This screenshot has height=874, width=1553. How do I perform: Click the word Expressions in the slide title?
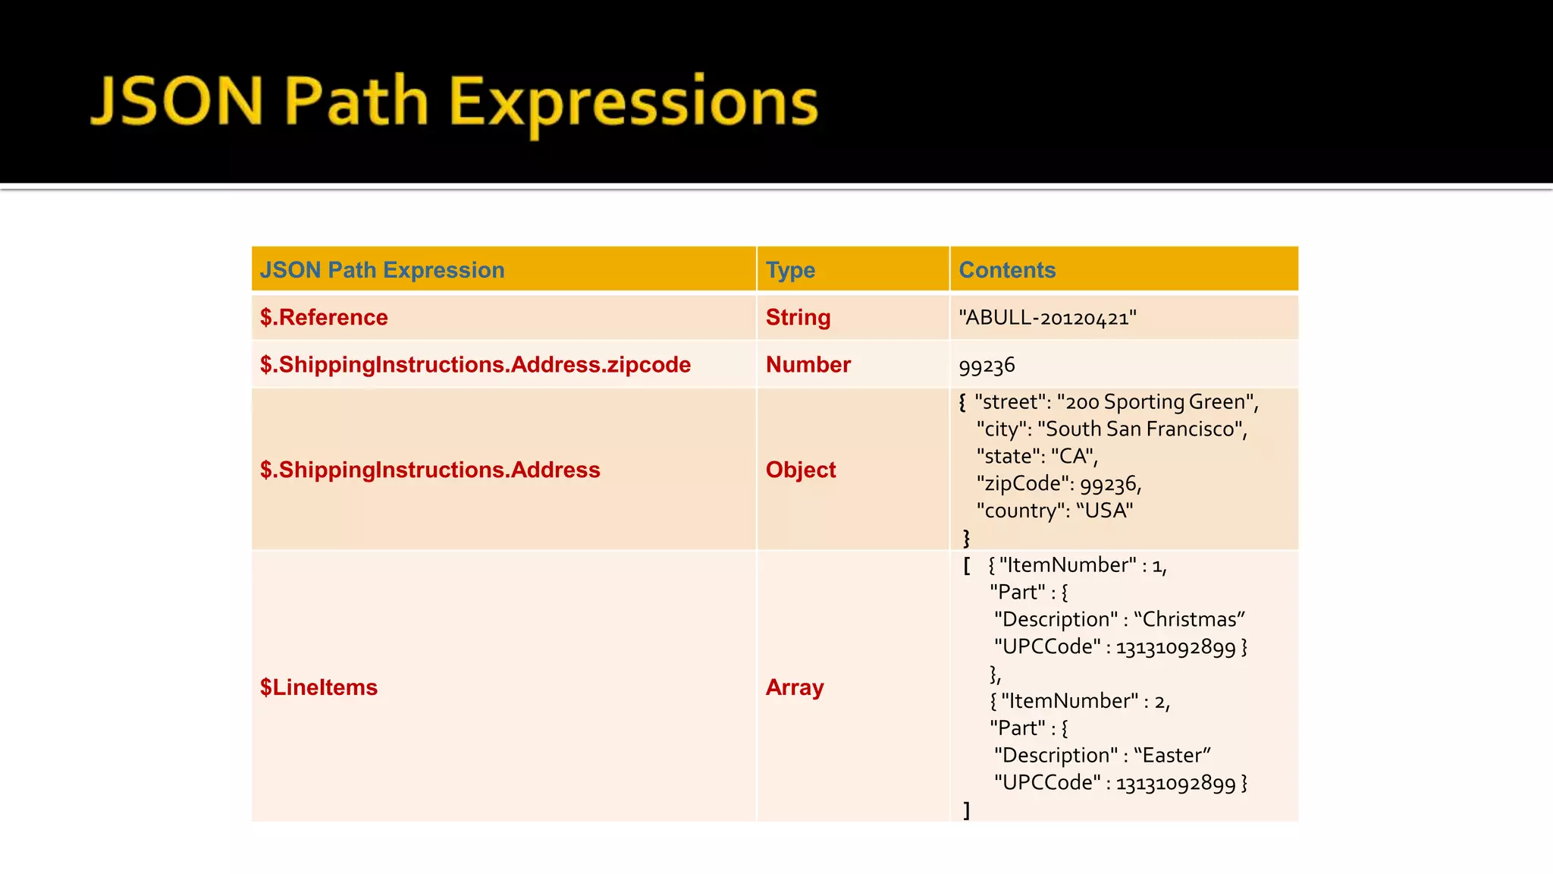634,103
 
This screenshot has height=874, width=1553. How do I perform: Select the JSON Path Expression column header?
382,270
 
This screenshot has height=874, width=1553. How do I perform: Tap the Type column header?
790,270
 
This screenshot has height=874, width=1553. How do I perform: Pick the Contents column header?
1007,270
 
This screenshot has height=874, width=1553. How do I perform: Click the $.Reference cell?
324,317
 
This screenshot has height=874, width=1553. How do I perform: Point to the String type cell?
798,317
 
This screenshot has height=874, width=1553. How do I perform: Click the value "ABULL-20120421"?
1047,317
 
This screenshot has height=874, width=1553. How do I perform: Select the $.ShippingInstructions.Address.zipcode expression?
475,365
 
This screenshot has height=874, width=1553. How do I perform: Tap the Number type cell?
808,365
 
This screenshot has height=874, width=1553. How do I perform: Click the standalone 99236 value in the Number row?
987,366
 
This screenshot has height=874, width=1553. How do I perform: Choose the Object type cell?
800,470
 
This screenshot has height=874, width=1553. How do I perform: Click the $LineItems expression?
318,687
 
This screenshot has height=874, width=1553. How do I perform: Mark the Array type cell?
794,687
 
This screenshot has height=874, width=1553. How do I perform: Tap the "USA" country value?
1105,511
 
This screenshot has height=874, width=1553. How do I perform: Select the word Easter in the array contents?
1172,755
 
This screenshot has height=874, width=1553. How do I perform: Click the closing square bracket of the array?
967,810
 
